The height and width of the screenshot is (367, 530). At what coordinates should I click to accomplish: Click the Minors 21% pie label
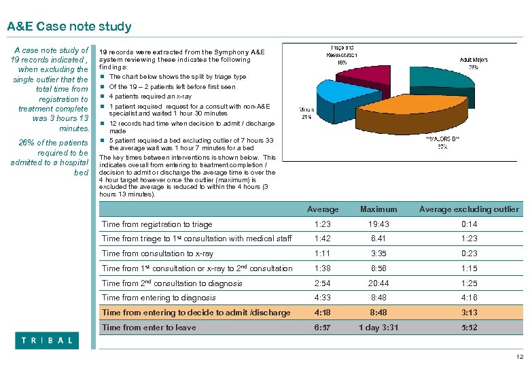click(x=306, y=113)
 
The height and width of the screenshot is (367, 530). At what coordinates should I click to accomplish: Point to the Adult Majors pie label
click(x=474, y=64)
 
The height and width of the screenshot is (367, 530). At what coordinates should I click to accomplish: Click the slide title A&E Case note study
click(x=69, y=27)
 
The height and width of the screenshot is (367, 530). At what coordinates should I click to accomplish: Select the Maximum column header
click(x=379, y=209)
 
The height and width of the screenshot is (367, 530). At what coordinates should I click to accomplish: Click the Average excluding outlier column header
click(x=469, y=209)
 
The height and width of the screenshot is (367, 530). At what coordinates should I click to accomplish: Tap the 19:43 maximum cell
click(x=379, y=224)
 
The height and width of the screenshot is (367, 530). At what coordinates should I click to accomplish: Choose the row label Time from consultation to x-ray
click(x=157, y=254)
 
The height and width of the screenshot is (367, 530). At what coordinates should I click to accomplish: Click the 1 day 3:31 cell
click(x=379, y=328)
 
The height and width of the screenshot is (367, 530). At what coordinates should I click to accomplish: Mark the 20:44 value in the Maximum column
click(x=379, y=283)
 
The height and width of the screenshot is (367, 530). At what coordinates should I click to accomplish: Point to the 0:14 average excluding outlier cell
click(x=469, y=224)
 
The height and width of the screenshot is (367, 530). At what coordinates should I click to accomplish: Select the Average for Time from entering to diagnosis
click(x=323, y=298)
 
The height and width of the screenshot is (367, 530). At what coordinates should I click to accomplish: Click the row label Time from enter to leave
click(x=148, y=328)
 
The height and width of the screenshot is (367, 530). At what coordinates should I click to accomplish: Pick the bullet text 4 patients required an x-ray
click(x=150, y=96)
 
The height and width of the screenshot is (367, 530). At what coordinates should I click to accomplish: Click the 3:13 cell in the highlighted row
click(x=469, y=313)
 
